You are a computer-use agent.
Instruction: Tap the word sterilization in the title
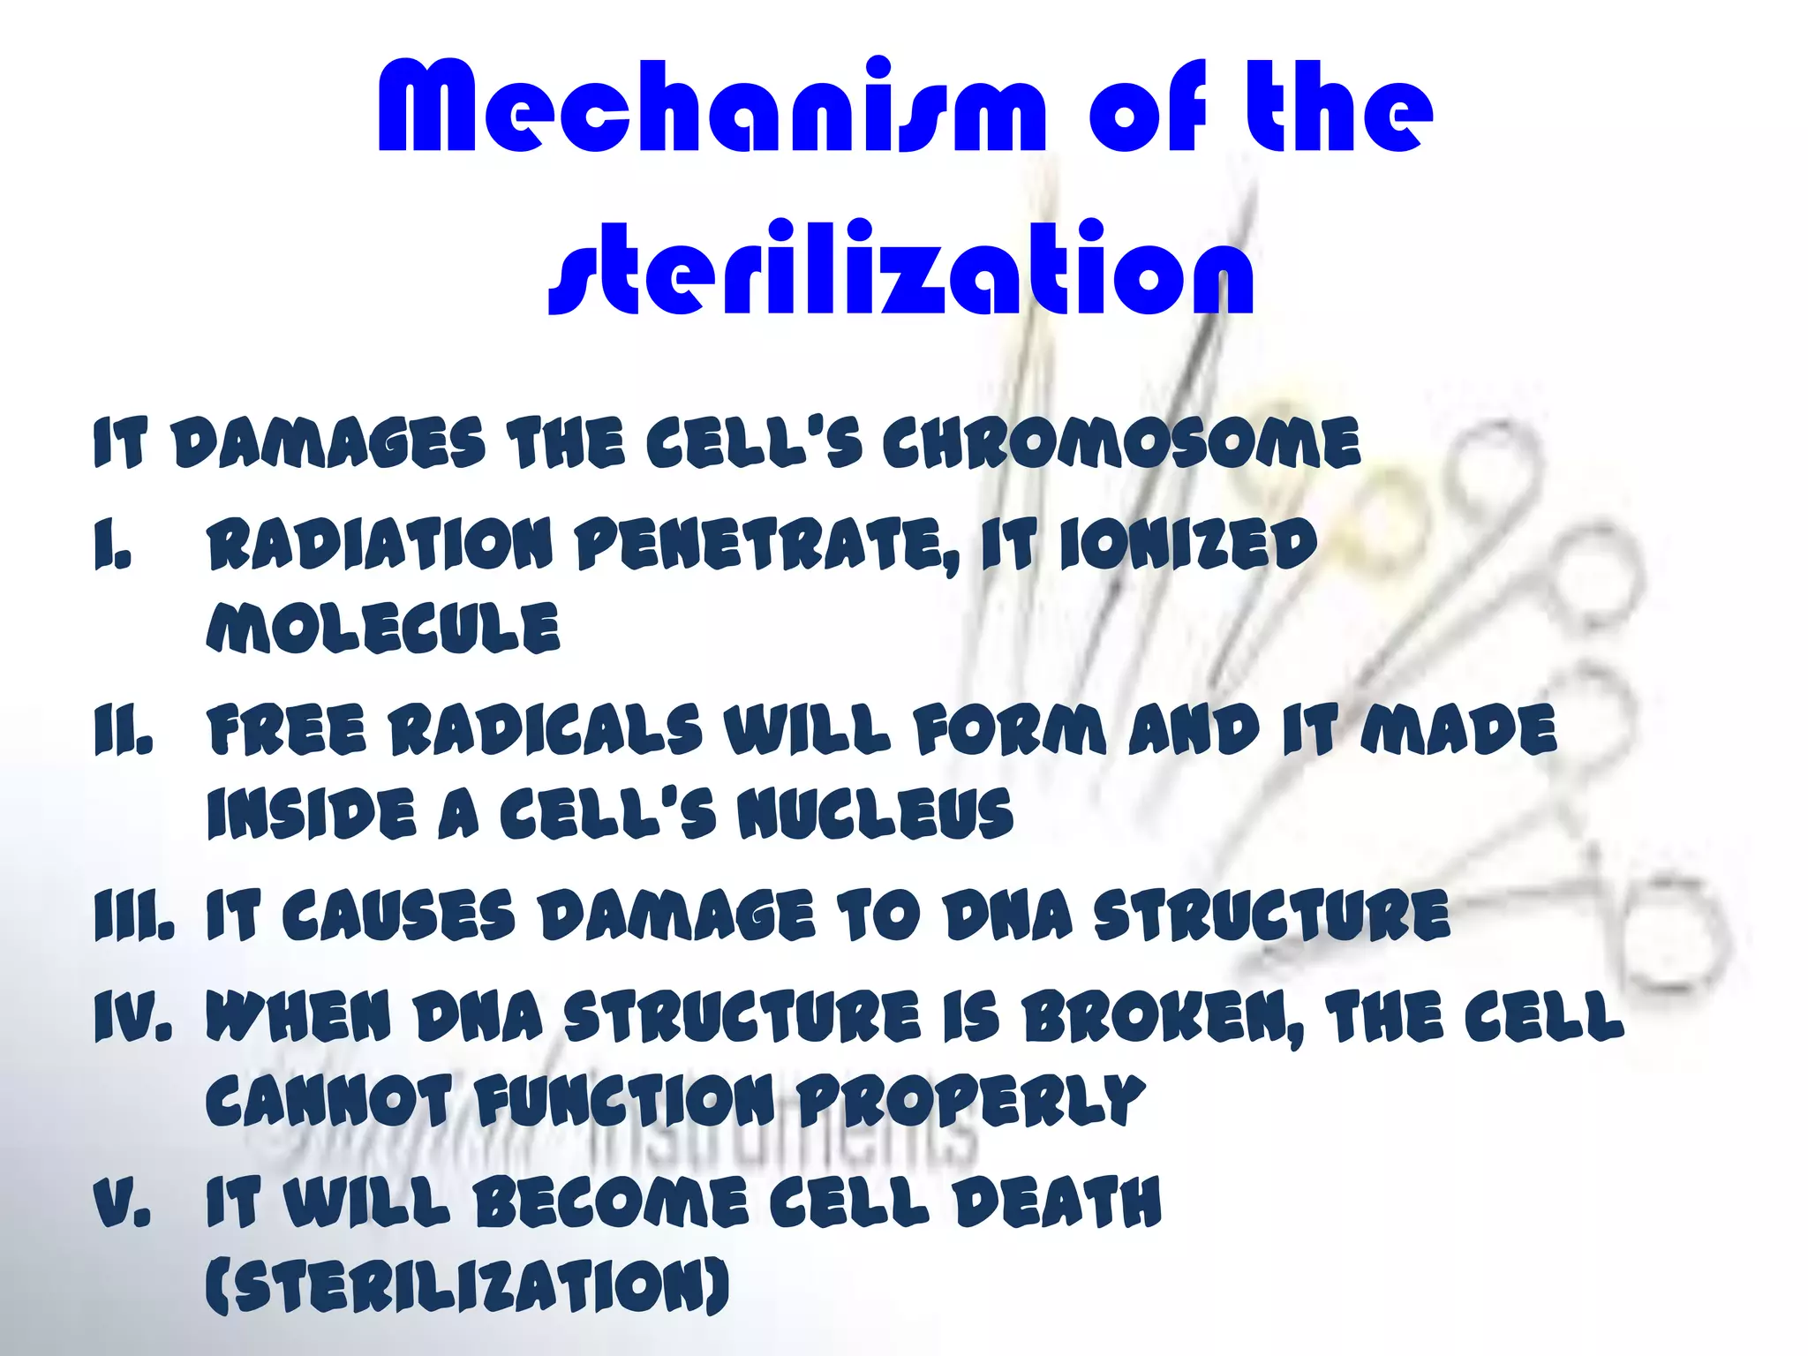point(900,269)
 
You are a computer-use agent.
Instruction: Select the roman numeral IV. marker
point(132,1015)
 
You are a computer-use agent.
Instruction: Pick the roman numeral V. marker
point(123,1202)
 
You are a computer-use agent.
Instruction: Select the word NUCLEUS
point(875,813)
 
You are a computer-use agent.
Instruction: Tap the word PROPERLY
point(971,1102)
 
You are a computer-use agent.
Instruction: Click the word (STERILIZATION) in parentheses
point(468,1285)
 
